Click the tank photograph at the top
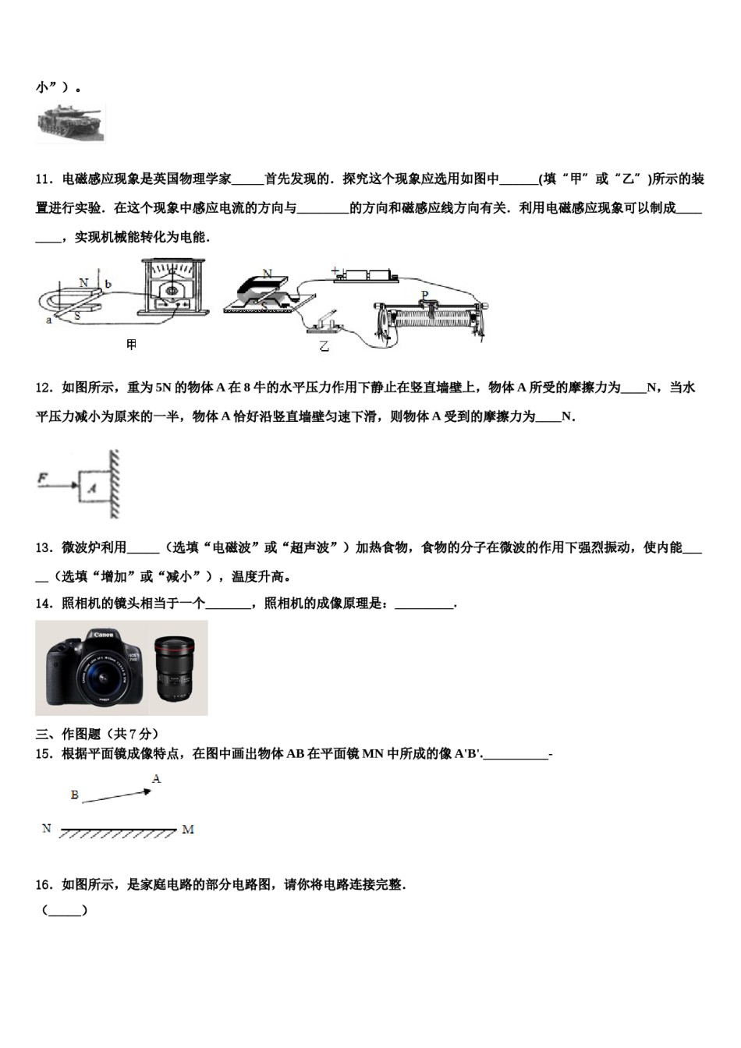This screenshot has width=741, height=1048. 70,122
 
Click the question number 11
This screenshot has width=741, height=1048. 44,179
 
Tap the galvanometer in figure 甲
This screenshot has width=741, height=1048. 175,286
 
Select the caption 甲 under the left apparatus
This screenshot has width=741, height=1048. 132,344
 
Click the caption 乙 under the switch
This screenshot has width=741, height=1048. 324,345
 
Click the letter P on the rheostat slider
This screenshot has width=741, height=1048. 425,295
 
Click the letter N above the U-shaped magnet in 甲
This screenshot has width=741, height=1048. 83,281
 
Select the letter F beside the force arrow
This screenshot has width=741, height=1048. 44,478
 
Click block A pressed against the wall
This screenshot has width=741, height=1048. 93,488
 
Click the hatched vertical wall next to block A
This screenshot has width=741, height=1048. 115,484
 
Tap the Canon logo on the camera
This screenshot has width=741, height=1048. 104,635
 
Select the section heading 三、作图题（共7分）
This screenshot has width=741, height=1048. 97,734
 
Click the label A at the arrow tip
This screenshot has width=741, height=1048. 156,779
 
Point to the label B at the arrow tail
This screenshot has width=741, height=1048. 75,795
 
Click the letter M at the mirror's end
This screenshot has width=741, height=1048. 188,830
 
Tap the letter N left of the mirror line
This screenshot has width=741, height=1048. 47,828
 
